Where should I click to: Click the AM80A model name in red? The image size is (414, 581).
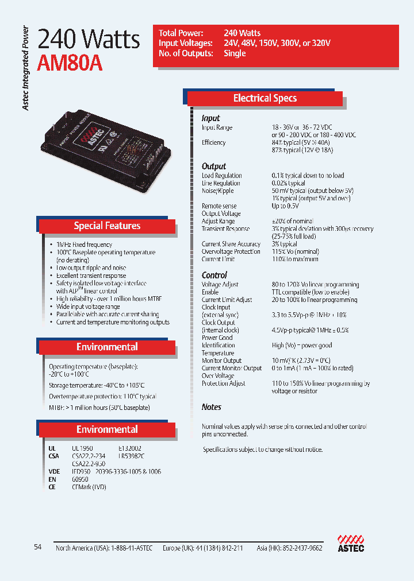point(70,63)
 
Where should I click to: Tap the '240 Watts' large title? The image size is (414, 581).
point(89,39)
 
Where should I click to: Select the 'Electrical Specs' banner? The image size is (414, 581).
point(265,98)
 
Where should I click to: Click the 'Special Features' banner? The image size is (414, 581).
point(107,226)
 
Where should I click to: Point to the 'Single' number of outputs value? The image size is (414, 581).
point(235,53)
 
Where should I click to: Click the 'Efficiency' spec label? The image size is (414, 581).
point(213,142)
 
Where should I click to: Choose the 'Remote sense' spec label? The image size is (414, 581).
point(219,206)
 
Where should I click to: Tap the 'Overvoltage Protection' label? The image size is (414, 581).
point(231,251)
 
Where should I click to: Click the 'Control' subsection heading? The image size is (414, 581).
point(214,275)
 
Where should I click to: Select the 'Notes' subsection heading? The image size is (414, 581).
point(212,407)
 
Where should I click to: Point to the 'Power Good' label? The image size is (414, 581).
point(217,338)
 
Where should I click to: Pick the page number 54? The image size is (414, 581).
point(38,547)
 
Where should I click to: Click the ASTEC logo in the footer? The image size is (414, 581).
point(351,543)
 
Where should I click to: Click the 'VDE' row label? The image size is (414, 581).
point(53,471)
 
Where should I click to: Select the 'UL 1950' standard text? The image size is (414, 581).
point(82,448)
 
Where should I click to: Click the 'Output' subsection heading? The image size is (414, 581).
point(214,166)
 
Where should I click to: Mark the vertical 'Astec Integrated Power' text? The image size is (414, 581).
point(26,69)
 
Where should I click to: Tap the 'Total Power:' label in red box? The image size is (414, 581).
point(181,33)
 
